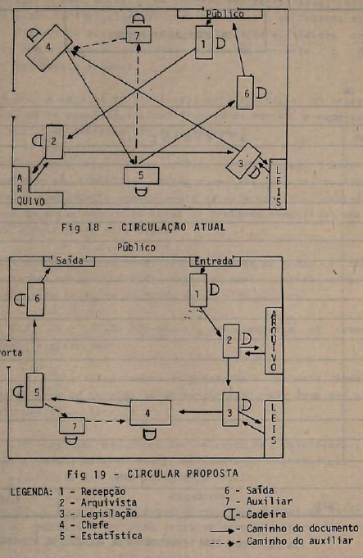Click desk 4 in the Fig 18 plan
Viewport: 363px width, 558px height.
pos(49,48)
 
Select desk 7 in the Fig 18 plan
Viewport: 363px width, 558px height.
pos(138,34)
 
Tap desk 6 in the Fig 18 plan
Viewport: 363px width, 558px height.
pos(245,93)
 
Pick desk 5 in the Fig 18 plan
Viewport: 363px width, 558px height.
pos(141,175)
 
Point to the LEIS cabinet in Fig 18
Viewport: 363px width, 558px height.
pos(278,184)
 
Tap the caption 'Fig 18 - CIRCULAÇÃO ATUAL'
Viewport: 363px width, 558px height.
pos(143,227)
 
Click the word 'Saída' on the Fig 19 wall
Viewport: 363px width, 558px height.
pos(70,261)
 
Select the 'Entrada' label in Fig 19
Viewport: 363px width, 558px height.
pos(214,261)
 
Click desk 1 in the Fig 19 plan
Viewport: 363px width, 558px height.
pos(198,290)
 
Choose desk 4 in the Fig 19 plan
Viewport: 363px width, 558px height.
pos(150,413)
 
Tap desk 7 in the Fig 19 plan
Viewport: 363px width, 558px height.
pos(72,425)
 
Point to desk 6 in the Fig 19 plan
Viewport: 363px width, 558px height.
pos(35,299)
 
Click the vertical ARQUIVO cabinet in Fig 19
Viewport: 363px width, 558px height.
pos(274,341)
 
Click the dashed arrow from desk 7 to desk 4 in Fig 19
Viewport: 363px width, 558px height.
pos(106,422)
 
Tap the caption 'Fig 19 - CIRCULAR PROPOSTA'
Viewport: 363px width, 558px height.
pos(152,474)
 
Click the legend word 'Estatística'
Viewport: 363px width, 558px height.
pos(111,536)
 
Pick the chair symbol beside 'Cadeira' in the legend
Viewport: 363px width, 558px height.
pos(229,515)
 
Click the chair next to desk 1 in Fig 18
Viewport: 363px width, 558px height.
pos(220,43)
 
